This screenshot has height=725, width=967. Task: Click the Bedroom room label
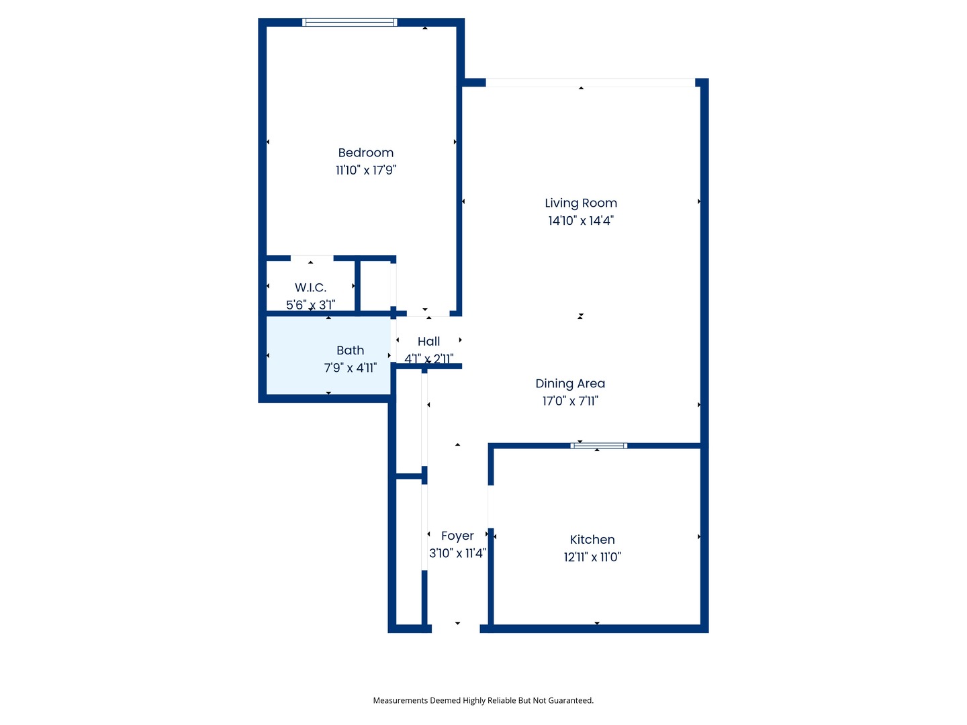click(365, 153)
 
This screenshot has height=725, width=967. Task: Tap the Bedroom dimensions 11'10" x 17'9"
click(365, 171)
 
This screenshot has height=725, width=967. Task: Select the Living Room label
click(580, 203)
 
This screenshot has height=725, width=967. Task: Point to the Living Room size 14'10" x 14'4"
click(580, 221)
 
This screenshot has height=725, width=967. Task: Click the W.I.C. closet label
click(310, 288)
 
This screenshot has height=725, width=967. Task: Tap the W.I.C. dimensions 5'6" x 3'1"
click(310, 305)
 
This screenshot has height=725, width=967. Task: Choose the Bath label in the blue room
click(350, 350)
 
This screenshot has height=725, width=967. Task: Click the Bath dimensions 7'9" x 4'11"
click(350, 368)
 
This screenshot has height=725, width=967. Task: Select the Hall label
click(428, 342)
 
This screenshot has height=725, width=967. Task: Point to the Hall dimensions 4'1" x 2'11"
click(428, 359)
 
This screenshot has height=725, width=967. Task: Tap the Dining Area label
click(570, 384)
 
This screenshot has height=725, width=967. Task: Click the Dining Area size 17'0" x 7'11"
click(570, 401)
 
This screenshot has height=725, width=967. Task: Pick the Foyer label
click(457, 536)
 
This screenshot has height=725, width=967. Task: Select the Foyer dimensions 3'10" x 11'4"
click(457, 554)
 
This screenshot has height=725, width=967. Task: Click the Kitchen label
click(592, 540)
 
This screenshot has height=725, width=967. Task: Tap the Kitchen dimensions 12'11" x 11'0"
click(592, 557)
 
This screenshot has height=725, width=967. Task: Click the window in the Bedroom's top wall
click(349, 23)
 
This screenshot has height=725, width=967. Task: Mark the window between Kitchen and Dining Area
click(598, 446)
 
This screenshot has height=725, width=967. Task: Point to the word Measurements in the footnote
click(400, 701)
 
